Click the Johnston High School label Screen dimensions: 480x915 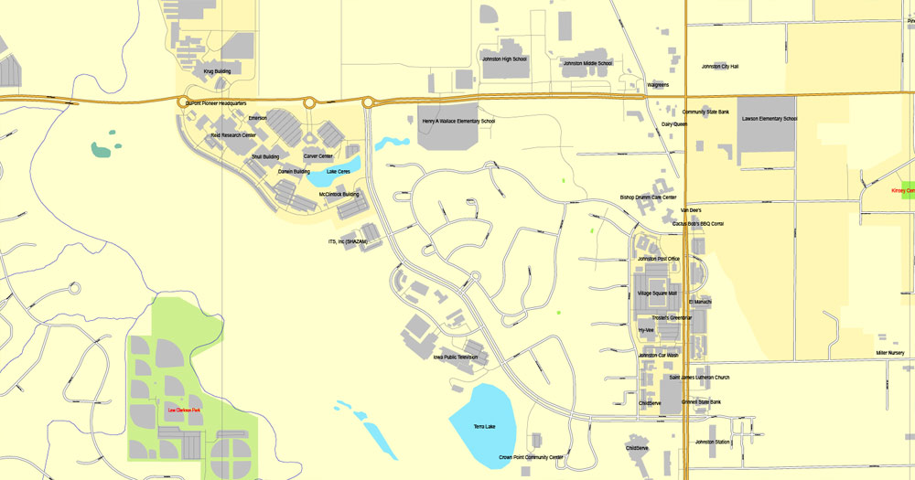pyautogui.click(x=504, y=59)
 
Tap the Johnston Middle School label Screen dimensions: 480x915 pyautogui.click(x=587, y=63)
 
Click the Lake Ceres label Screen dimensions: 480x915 pyautogui.click(x=339, y=171)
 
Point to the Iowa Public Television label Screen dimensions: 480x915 pyautogui.click(x=456, y=357)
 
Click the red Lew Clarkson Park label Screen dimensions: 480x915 pyautogui.click(x=184, y=410)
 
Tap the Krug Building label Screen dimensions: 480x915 pyautogui.click(x=217, y=70)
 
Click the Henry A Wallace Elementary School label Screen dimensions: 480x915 pyautogui.click(x=458, y=121)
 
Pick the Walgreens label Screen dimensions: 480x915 pyautogui.click(x=658, y=84)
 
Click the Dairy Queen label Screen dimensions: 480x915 pyautogui.click(x=674, y=123)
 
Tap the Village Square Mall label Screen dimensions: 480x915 pyautogui.click(x=657, y=293)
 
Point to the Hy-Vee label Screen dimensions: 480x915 pyautogui.click(x=646, y=329)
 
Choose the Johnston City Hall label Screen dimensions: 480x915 pyautogui.click(x=720, y=67)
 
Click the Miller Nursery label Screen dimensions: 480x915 pyautogui.click(x=889, y=352)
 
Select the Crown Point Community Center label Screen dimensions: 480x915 pyautogui.click(x=531, y=456)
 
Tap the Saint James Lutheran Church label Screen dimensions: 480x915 pyautogui.click(x=699, y=377)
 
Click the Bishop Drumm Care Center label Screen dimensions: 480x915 pyautogui.click(x=648, y=197)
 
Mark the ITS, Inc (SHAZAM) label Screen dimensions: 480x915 pyautogui.click(x=348, y=241)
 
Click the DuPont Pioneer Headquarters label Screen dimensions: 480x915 pyautogui.click(x=216, y=104)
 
